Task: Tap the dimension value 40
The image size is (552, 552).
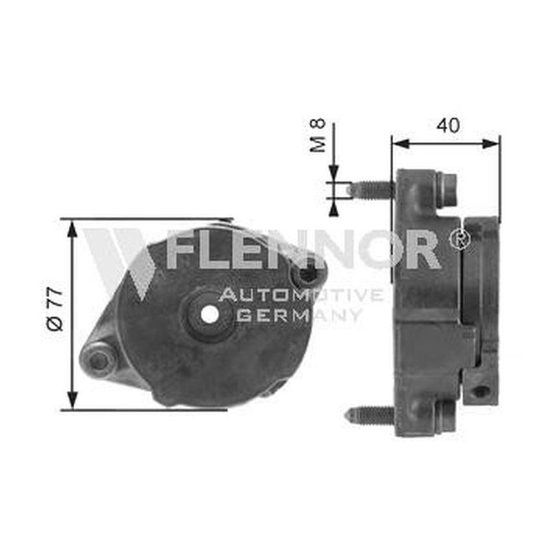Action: (x=447, y=125)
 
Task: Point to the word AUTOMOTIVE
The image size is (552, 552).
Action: (x=301, y=296)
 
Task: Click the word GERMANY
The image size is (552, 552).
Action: (x=298, y=316)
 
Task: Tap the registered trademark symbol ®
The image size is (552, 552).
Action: (x=460, y=239)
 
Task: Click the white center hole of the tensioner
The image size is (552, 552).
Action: (x=210, y=314)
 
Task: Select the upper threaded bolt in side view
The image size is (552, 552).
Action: (x=371, y=189)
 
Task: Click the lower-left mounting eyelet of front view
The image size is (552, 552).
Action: (x=98, y=360)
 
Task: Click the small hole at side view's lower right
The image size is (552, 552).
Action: (x=480, y=391)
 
